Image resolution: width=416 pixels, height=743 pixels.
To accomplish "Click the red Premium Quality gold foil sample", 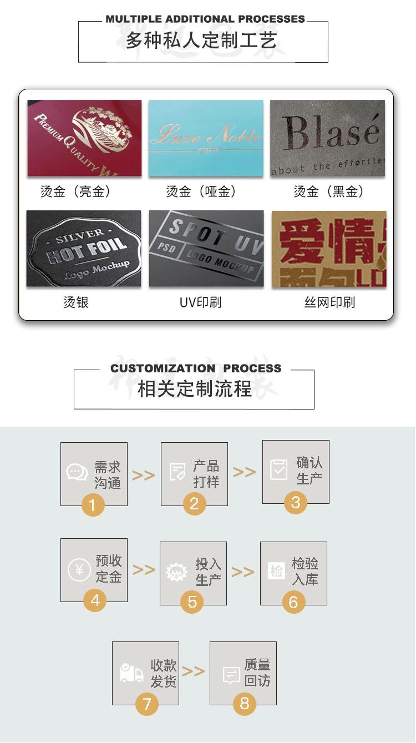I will click(84, 138).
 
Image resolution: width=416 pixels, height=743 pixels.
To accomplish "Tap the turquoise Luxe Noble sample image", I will click(205, 138).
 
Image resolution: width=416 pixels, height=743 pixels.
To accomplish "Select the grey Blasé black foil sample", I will click(327, 138).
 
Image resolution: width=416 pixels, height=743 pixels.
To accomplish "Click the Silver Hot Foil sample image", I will click(84, 249).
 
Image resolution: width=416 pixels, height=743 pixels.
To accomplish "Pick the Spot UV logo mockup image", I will click(206, 249).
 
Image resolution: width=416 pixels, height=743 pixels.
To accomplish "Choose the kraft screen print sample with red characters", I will click(328, 249).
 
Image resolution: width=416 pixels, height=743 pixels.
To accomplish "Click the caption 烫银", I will click(76, 302).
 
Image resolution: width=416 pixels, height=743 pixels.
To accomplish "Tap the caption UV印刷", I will click(200, 302).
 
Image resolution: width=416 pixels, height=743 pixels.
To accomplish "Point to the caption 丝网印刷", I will click(329, 302).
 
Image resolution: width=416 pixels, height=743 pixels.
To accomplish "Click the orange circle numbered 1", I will click(93, 504).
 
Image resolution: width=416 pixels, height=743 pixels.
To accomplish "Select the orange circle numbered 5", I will click(192, 602).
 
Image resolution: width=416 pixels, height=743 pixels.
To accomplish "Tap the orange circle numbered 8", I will click(245, 704).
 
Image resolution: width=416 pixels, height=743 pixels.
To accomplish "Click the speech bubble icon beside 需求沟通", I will click(77, 472).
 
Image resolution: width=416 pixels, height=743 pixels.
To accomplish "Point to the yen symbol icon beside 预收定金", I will click(79, 570).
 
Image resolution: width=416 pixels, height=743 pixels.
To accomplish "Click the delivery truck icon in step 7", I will click(131, 673).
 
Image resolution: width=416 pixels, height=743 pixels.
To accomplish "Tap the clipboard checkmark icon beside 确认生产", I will click(278, 469).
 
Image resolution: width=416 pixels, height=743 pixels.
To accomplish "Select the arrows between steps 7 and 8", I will click(193, 671).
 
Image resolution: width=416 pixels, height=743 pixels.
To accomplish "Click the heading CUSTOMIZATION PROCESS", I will click(196, 368).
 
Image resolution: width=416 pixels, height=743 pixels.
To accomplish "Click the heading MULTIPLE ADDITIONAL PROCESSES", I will click(205, 19).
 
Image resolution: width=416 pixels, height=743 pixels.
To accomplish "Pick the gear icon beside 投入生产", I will click(177, 572).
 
